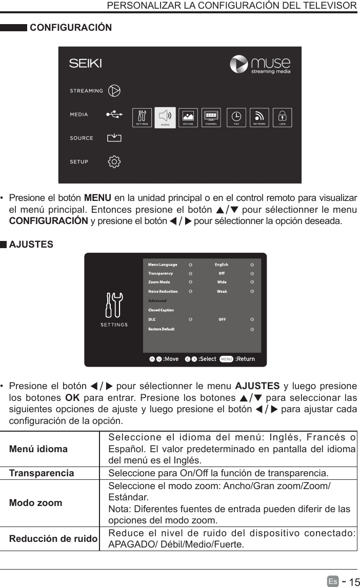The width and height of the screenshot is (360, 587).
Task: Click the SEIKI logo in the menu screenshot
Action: pyautogui.click(x=86, y=64)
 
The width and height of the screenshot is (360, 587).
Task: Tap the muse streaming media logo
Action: pyautogui.click(x=260, y=65)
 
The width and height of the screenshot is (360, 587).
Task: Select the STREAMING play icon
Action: pyautogui.click(x=114, y=91)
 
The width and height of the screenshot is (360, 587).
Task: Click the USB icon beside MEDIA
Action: pyautogui.click(x=114, y=114)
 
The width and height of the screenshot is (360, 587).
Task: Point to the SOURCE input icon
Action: pyautogui.click(x=114, y=138)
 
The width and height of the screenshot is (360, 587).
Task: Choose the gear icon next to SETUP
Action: pyautogui.click(x=114, y=161)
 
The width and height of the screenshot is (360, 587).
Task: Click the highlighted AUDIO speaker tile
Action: pyautogui.click(x=165, y=117)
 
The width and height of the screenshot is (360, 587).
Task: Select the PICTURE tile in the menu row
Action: pyautogui.click(x=188, y=117)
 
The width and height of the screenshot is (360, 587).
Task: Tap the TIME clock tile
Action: pyautogui.click(x=236, y=117)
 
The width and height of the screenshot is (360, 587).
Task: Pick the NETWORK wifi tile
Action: pyautogui.click(x=259, y=117)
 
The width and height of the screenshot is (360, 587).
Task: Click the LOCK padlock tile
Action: pyautogui.click(x=283, y=117)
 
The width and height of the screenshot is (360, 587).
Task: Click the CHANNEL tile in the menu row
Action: pyautogui.click(x=211, y=117)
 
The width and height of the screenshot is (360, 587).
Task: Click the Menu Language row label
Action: pyautogui.click(x=163, y=265)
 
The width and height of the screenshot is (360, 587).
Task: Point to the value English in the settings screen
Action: pyautogui.click(x=222, y=265)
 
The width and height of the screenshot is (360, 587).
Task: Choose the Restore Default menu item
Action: pyautogui.click(x=162, y=329)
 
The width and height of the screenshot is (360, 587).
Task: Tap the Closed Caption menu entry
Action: pyautogui.click(x=161, y=310)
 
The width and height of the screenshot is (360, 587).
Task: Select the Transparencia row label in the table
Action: pyautogui.click(x=42, y=472)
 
